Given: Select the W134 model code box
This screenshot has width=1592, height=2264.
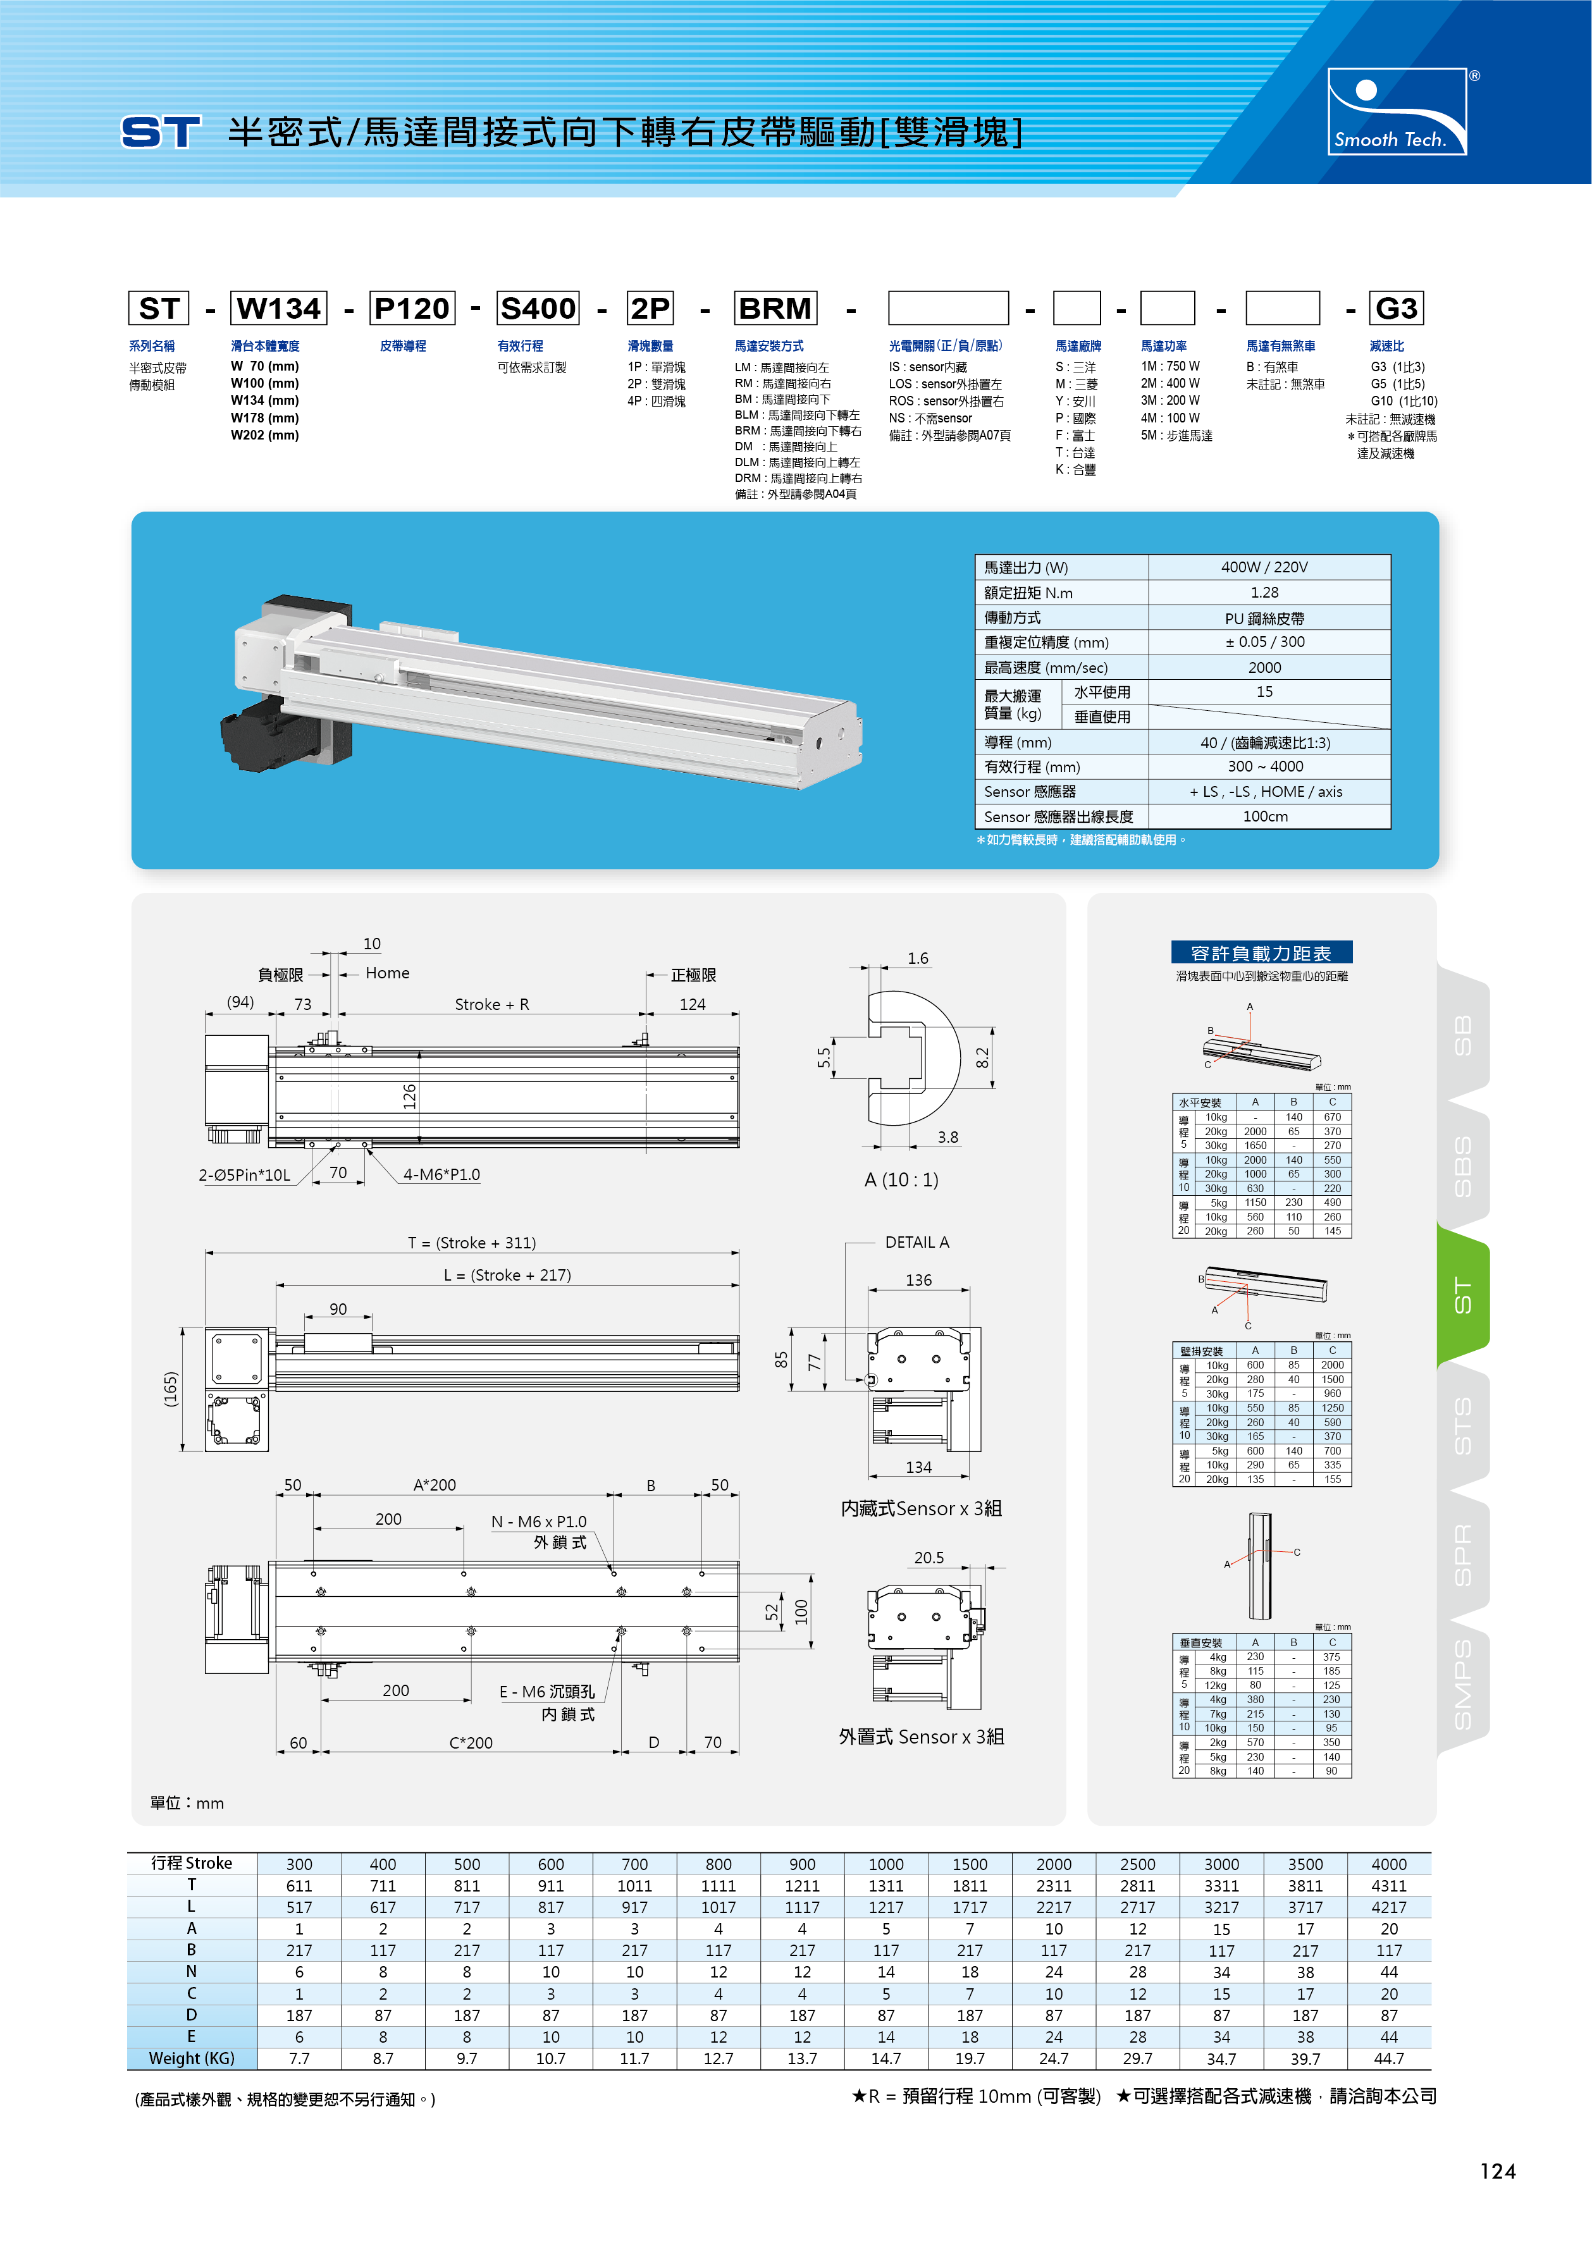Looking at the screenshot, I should coord(279,309).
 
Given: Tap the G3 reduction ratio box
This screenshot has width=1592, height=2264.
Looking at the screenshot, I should coord(1396,309).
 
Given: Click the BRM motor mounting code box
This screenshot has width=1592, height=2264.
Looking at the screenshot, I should coord(775,309).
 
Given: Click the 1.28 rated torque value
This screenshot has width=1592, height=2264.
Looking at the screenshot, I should coord(1264,593).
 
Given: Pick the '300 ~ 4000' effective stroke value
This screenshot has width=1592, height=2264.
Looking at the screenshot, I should coord(1264,766).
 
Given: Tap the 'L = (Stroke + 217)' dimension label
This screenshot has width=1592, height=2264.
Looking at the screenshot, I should coord(507,1275).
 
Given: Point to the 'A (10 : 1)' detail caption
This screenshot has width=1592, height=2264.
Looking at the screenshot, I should coord(901,1179).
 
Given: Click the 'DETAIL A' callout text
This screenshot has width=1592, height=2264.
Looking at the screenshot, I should coord(916,1243).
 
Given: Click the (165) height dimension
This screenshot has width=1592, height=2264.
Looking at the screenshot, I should coord(171,1389).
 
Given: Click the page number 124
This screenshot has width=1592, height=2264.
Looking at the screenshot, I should coord(1497,2171).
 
